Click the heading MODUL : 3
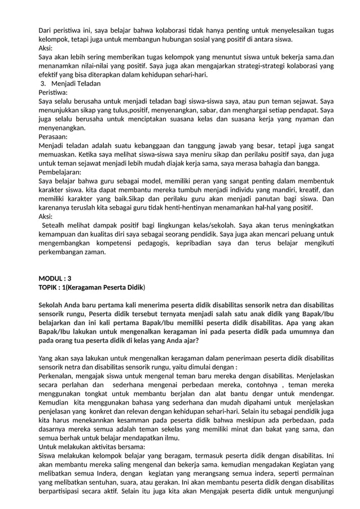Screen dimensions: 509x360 pyautogui.click(x=55, y=278)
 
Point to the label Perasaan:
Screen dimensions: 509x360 pyautogui.click(x=53, y=137)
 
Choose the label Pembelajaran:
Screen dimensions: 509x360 pyautogui.click(x=60, y=172)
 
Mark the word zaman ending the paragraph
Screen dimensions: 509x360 pyautogui.click(x=95, y=252)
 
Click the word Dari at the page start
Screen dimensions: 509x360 pyautogui.click(x=45, y=30)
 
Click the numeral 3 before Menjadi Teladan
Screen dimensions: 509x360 pyautogui.click(x=43, y=84)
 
